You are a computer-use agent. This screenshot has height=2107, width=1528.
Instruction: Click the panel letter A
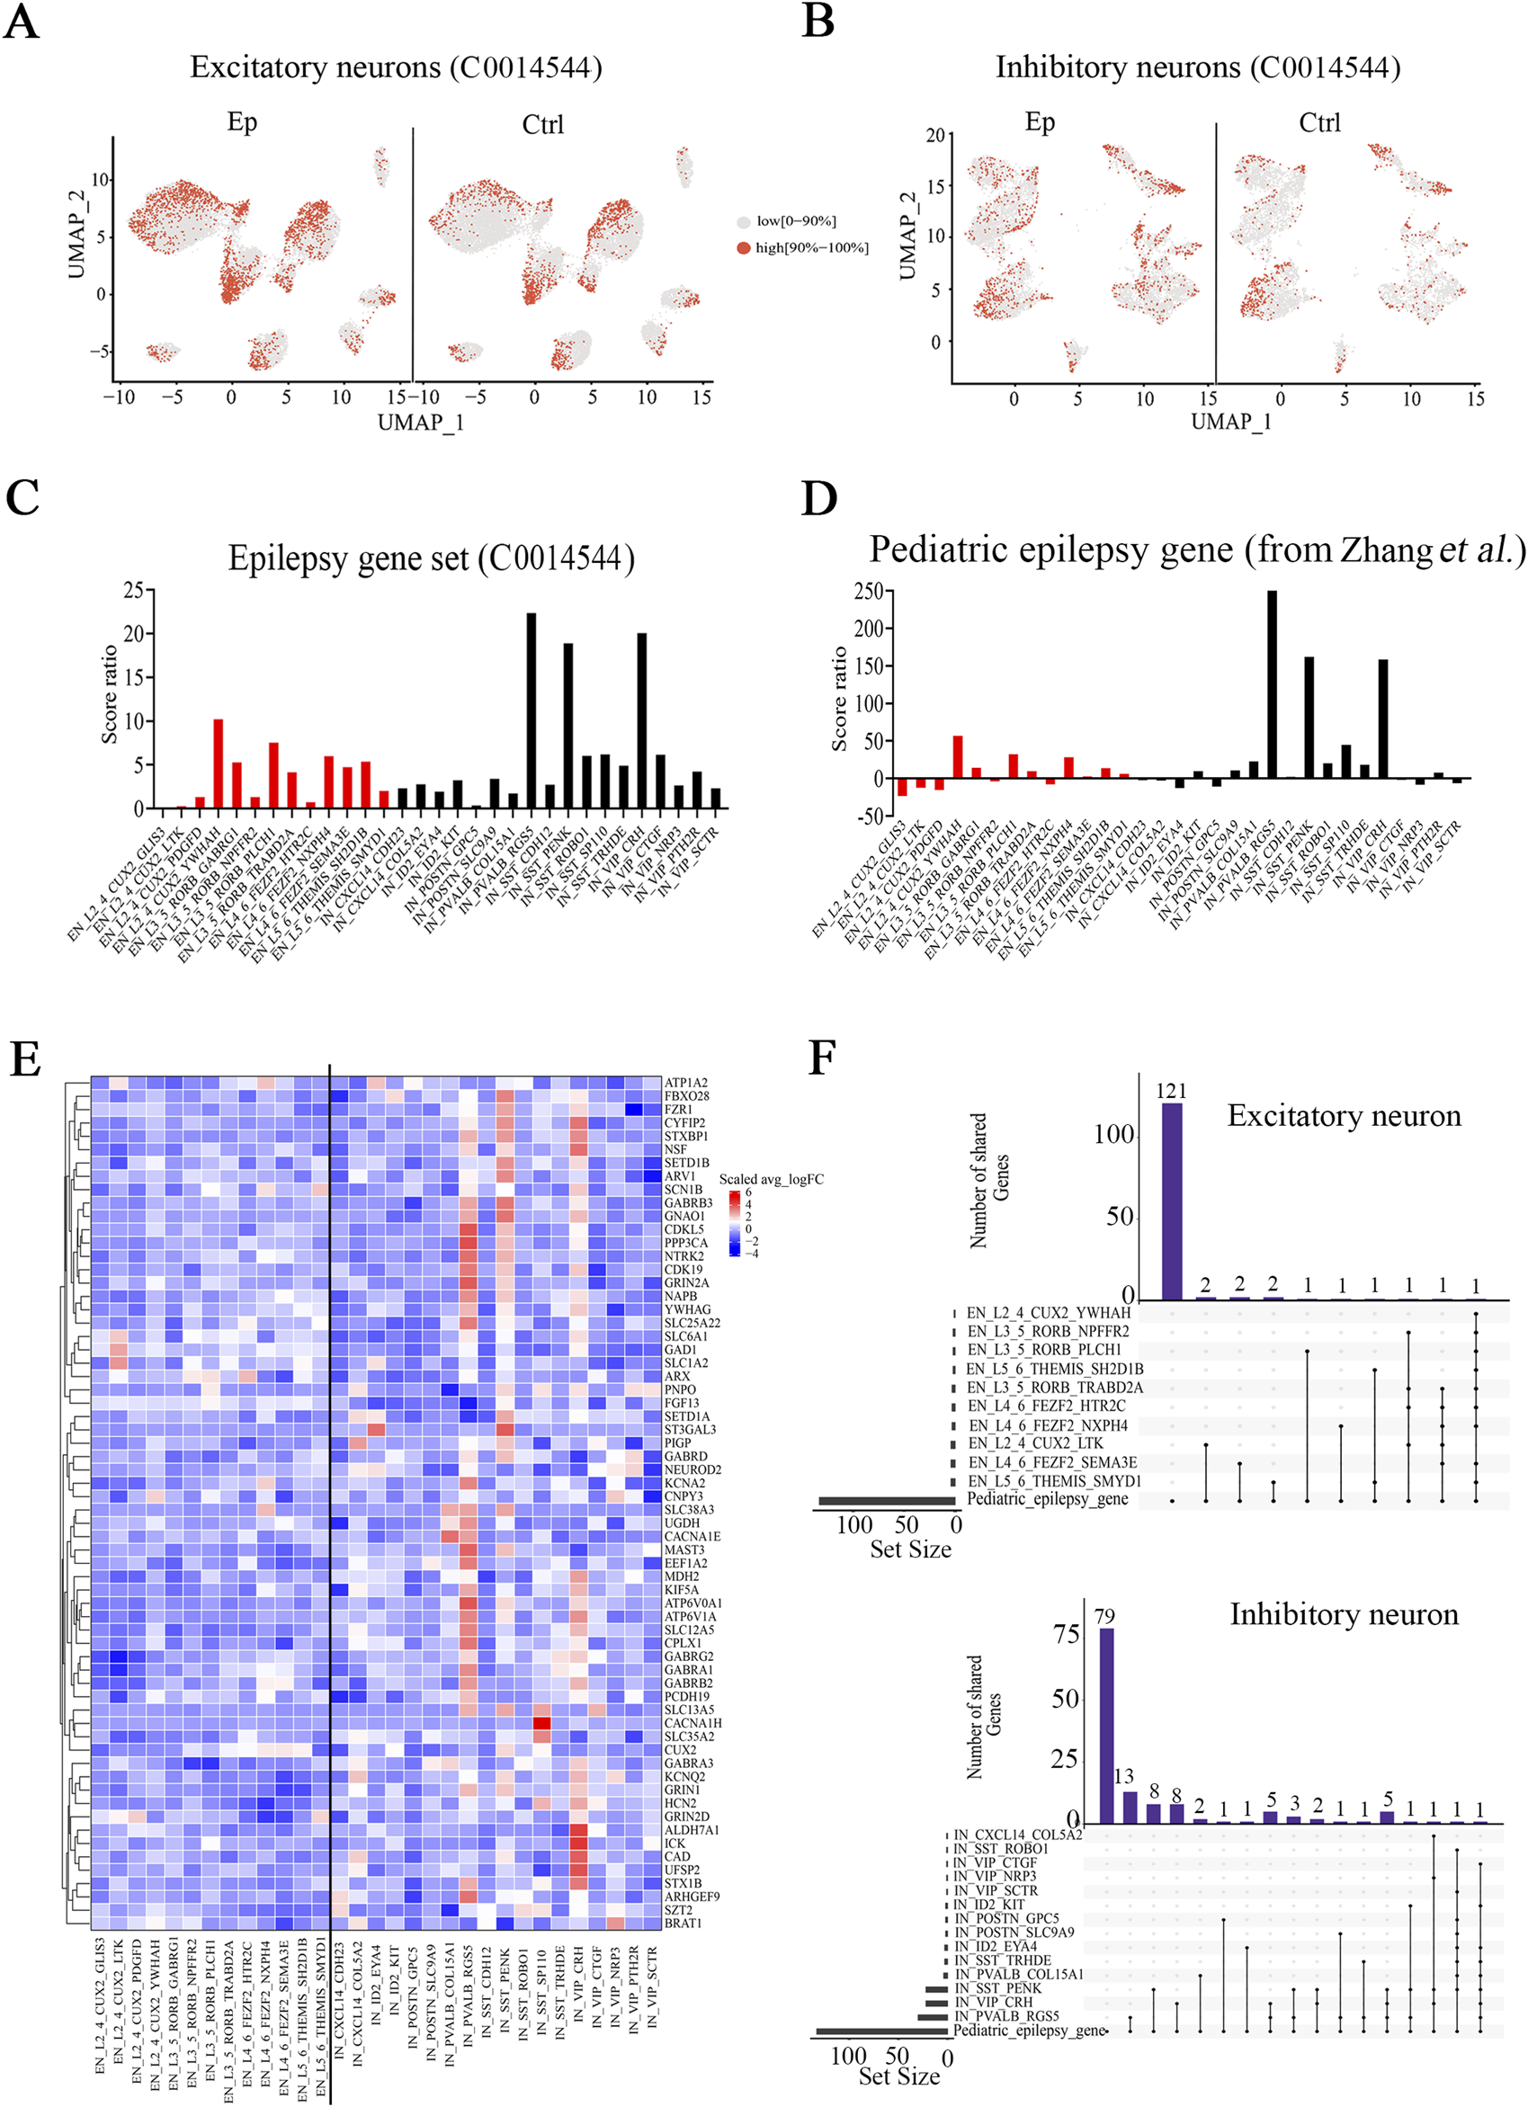22,21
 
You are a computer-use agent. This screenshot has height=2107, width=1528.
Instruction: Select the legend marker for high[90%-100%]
743,247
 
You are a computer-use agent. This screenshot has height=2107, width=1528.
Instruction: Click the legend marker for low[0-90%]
743,222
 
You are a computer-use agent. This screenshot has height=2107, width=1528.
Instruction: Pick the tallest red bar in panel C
219,763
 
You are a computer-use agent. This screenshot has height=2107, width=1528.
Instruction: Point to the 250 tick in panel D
869,592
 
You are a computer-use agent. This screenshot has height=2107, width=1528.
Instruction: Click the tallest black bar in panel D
1272,683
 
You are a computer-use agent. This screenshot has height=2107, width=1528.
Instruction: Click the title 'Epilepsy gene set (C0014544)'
432,558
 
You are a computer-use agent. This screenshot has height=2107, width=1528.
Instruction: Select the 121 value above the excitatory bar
1171,1091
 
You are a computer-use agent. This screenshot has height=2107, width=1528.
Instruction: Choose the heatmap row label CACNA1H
692,1723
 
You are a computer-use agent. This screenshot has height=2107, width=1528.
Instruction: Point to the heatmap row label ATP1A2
685,1084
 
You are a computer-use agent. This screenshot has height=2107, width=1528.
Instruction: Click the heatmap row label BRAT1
683,1923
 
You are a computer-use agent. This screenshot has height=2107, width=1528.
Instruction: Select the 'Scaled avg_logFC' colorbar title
771,1180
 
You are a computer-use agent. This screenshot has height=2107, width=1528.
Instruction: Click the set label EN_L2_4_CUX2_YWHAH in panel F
1048,1313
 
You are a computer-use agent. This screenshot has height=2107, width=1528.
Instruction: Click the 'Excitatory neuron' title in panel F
1343,1115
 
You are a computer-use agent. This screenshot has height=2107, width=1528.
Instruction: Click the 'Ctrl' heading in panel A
542,123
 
